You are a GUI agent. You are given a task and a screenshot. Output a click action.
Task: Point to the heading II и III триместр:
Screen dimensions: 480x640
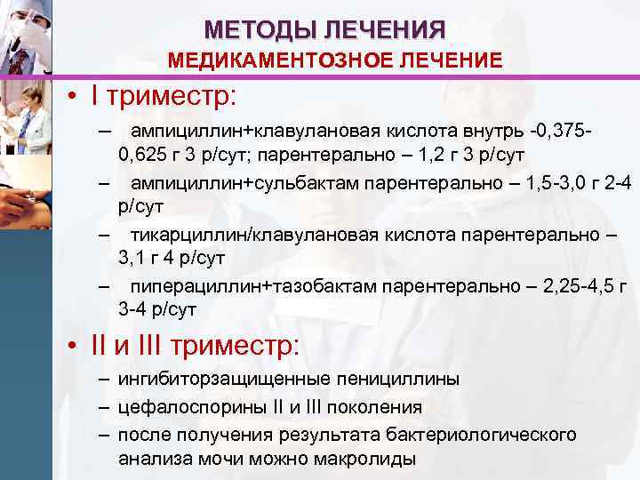(196, 343)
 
